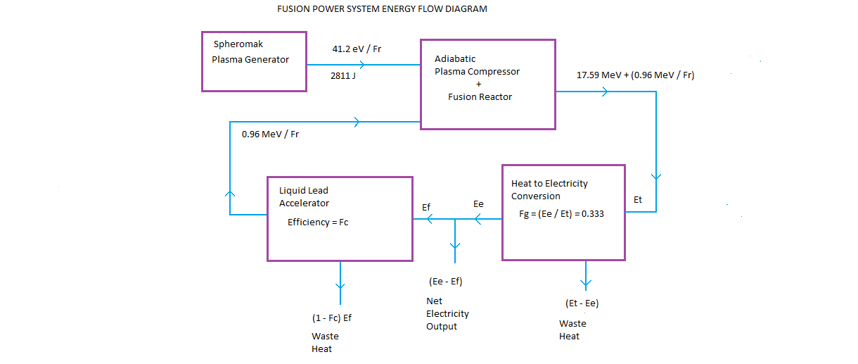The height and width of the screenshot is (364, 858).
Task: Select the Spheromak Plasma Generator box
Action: point(254,61)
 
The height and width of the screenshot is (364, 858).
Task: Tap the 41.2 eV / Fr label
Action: point(357,49)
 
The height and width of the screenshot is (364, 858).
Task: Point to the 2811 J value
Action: point(342,75)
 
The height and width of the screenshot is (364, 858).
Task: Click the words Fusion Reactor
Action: point(480,96)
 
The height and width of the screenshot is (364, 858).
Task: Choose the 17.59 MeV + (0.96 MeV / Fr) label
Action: point(635,75)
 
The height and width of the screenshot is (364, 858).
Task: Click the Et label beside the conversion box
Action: point(638,200)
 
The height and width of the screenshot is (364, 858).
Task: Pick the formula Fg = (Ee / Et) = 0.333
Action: point(557,214)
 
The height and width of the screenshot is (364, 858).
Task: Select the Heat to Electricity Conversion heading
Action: point(549,189)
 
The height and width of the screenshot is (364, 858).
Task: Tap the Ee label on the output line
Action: point(478,203)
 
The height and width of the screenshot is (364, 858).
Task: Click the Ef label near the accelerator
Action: point(426,207)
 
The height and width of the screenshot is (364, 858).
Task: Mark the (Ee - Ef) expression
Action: point(445,282)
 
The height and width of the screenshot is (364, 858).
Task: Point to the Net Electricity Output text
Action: point(447,313)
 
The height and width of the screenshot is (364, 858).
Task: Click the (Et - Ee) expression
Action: point(582,303)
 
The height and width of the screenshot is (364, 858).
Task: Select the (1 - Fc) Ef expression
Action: point(331,318)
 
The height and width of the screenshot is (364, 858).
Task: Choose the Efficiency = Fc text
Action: point(318,222)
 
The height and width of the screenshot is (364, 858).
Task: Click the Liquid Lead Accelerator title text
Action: point(304,196)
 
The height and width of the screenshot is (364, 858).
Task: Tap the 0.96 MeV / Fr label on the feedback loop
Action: point(269,134)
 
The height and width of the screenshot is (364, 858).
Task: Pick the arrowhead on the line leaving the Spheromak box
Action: point(361,65)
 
